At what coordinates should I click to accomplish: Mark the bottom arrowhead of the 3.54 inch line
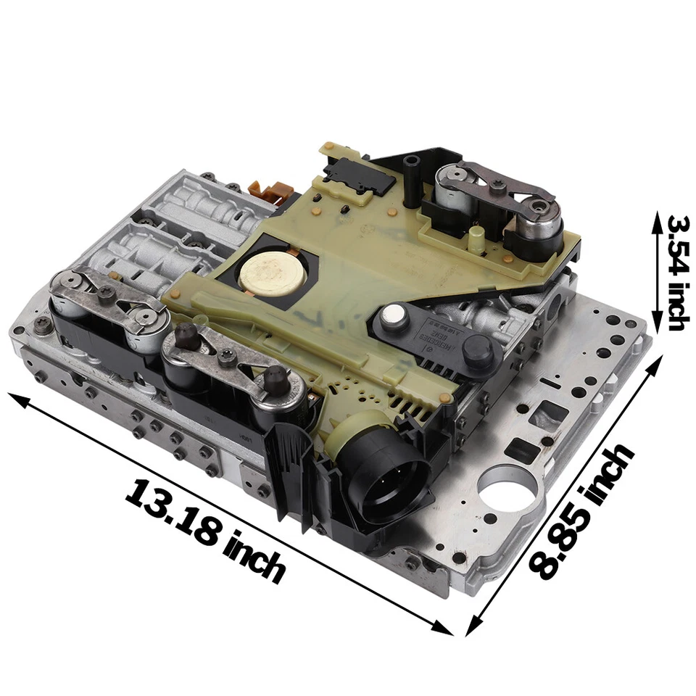click(x=656, y=326)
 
